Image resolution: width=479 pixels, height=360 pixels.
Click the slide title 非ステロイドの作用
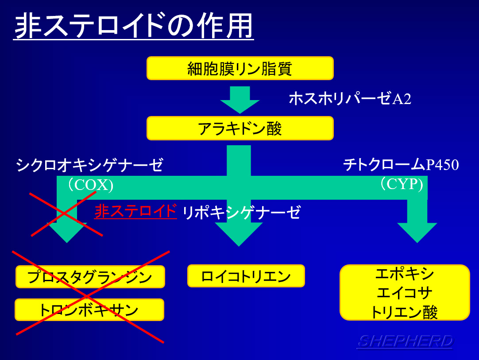(134, 26)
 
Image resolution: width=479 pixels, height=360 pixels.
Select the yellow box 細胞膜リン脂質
(240, 68)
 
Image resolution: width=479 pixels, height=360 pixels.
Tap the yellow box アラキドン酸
(240, 128)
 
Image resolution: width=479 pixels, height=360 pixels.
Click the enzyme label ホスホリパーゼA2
(350, 98)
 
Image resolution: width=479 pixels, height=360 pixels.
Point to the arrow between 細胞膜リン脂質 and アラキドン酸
(240, 100)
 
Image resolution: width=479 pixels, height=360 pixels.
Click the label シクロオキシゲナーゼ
(89, 165)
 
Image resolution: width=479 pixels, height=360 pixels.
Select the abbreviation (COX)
(91, 185)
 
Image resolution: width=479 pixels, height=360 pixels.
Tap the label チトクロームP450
(401, 165)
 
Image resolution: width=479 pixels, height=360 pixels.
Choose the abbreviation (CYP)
(402, 184)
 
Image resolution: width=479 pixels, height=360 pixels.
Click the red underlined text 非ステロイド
(135, 211)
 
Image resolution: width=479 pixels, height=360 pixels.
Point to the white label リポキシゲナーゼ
(241, 213)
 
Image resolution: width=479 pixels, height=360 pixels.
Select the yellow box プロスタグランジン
(90, 277)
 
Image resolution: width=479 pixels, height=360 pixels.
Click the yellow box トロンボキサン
(89, 310)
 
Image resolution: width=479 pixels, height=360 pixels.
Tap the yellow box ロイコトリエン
(246, 276)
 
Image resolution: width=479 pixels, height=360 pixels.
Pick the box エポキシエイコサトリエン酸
(405, 292)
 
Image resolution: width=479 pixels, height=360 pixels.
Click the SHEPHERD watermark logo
(406, 341)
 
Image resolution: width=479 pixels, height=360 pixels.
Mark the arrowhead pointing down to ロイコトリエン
(239, 234)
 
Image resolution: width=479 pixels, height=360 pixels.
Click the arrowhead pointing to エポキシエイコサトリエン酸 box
(417, 233)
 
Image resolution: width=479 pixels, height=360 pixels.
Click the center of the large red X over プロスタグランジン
(87, 296)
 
